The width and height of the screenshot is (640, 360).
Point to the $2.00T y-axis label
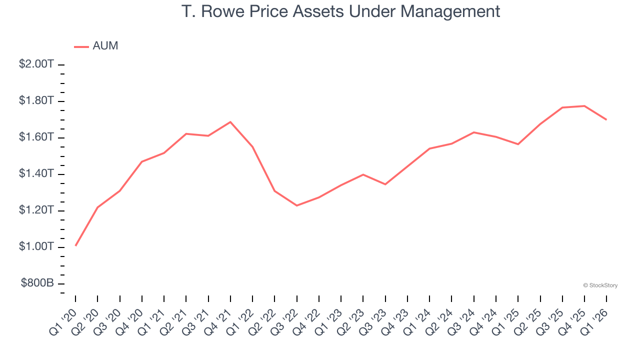click(36, 64)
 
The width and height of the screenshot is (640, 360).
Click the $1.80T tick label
click(36, 101)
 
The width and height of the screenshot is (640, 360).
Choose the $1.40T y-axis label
click(36, 174)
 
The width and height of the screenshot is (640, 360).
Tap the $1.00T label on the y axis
click(36, 247)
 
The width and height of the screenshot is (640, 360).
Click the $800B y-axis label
click(37, 283)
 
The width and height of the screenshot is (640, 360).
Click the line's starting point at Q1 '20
click(75, 245)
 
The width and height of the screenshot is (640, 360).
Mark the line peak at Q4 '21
click(230, 122)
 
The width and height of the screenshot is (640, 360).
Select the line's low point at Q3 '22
click(297, 205)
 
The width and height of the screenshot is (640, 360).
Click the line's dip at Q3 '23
click(385, 184)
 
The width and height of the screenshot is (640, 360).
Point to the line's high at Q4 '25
click(584, 106)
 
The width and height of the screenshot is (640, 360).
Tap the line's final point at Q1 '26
click(606, 119)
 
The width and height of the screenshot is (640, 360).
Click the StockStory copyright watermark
click(600, 285)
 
